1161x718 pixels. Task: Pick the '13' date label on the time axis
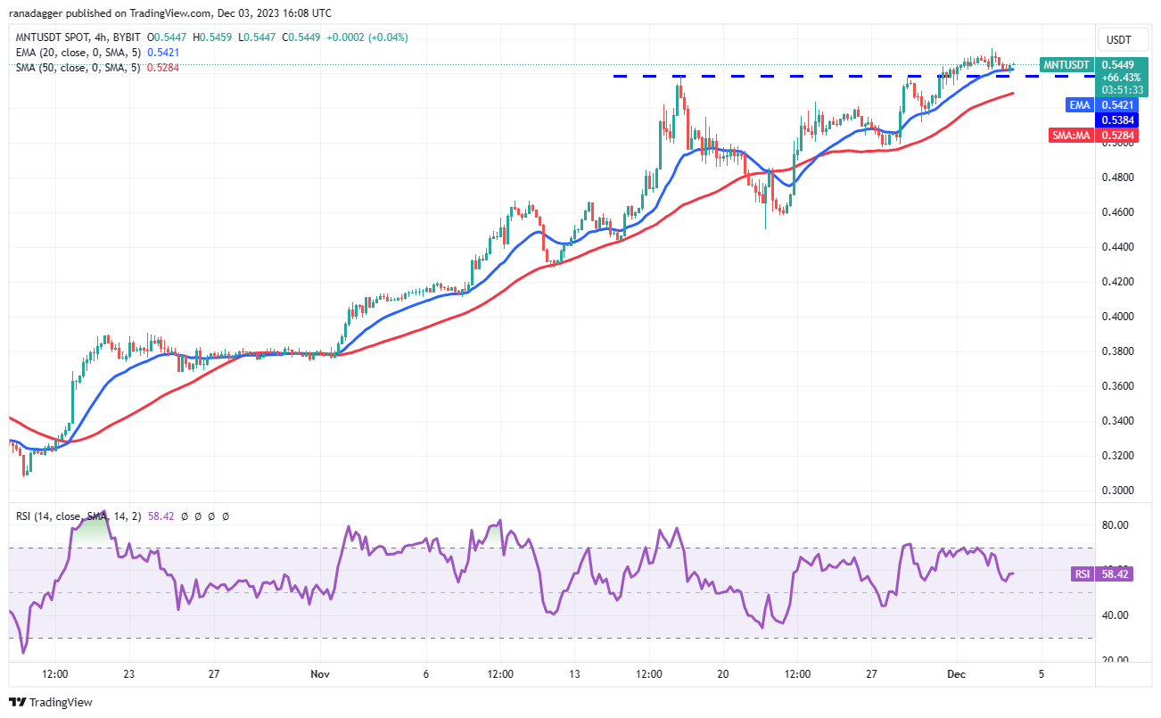pyautogui.click(x=575, y=674)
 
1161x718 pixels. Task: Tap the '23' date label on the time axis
pyautogui.click(x=130, y=674)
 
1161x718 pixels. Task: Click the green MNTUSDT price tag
pyautogui.click(x=1066, y=65)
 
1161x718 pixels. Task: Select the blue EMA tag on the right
pyautogui.click(x=1079, y=104)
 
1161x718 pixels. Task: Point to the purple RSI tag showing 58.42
pyautogui.click(x=1082, y=574)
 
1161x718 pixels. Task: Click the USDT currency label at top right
pyautogui.click(x=1118, y=39)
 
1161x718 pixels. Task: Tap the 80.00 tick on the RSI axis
pyautogui.click(x=1116, y=525)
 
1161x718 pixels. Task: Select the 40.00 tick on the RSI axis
pyautogui.click(x=1116, y=615)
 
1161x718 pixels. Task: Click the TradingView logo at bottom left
pyautogui.click(x=52, y=702)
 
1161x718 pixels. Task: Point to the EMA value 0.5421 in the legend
pyautogui.click(x=164, y=53)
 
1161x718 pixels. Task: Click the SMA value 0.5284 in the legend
pyautogui.click(x=162, y=67)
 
